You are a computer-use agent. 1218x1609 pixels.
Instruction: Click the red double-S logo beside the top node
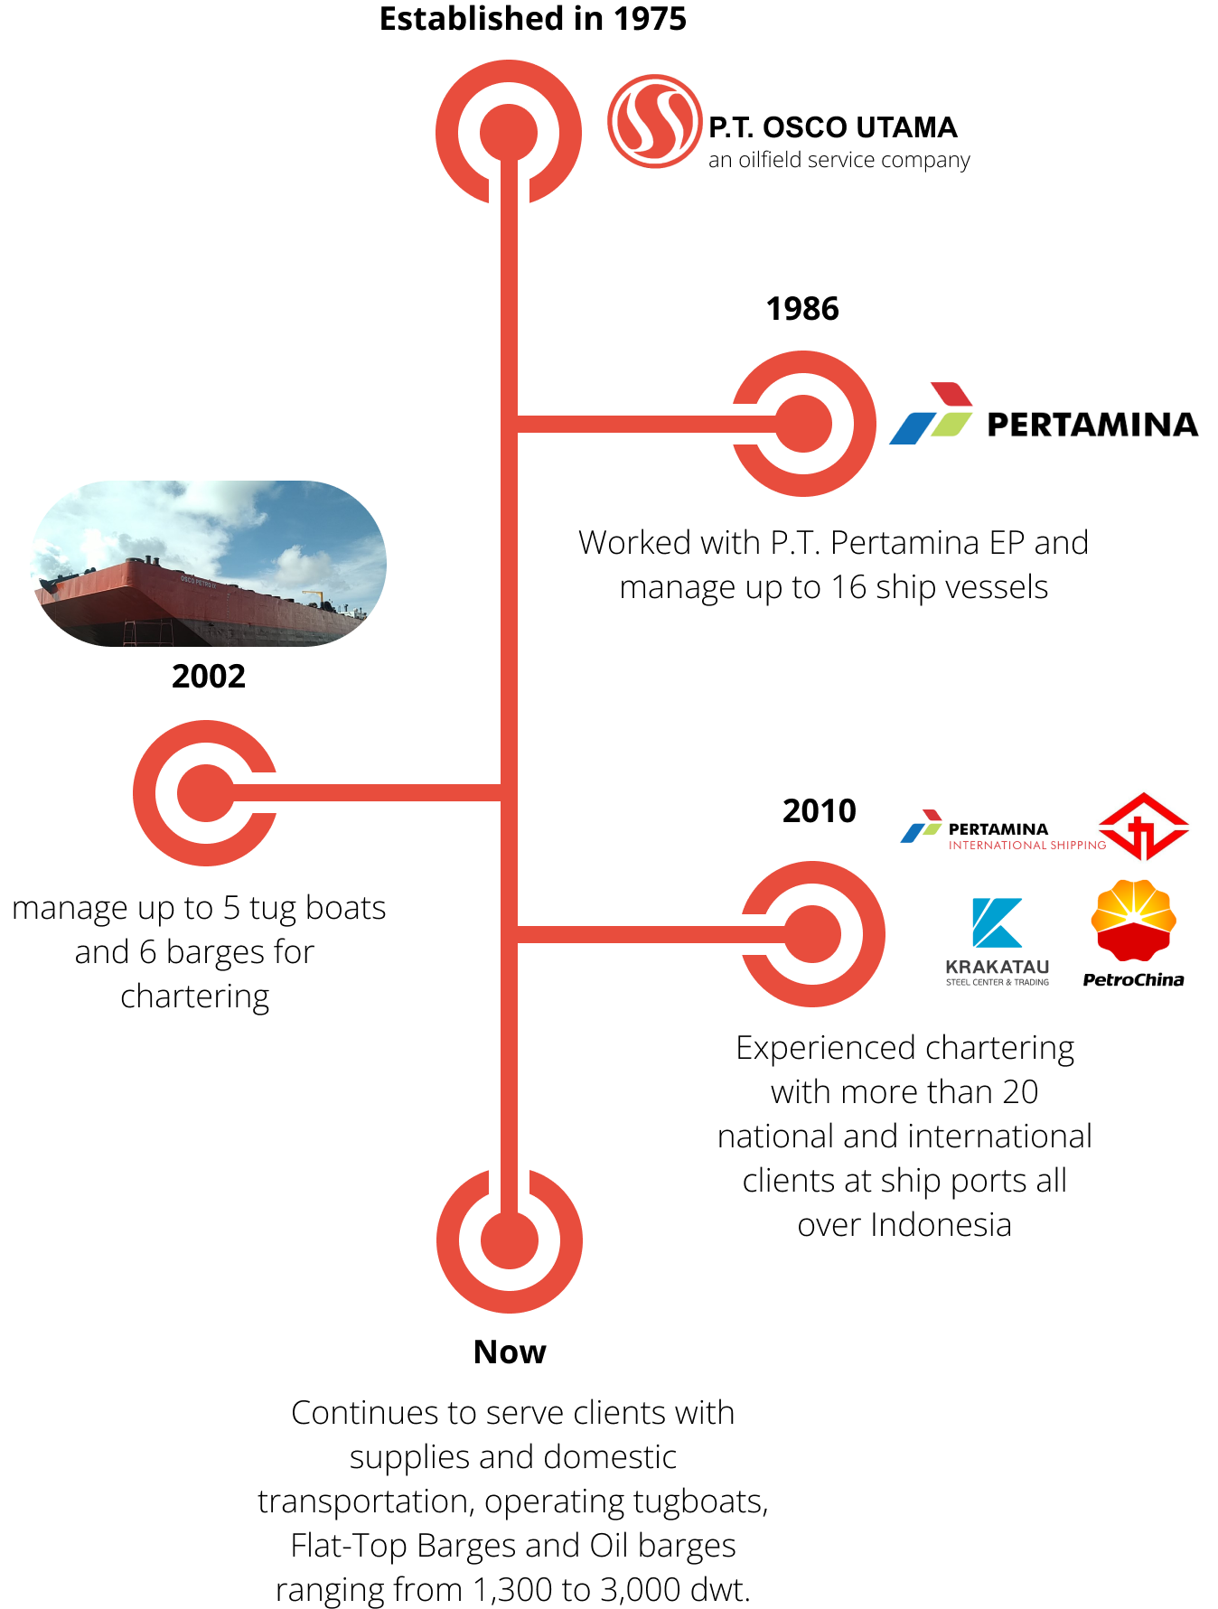(654, 121)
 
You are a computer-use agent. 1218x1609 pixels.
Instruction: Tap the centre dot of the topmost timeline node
(509, 133)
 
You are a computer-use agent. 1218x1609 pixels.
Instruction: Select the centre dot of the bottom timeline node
(510, 1240)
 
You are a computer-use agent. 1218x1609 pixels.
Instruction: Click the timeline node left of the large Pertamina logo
(802, 424)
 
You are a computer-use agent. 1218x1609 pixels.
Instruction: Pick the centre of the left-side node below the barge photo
(206, 793)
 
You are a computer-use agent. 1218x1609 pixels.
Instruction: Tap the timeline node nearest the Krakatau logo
(812, 934)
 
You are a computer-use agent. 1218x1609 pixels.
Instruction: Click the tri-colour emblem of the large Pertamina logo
(931, 414)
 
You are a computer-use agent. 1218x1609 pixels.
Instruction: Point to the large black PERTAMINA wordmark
(1092, 425)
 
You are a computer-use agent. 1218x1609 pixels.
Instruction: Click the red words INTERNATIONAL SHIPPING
(1026, 845)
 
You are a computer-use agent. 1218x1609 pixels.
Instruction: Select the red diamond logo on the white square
(1144, 827)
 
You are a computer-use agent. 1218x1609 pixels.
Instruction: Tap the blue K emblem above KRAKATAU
(996, 922)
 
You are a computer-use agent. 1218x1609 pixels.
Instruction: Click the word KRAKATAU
(997, 967)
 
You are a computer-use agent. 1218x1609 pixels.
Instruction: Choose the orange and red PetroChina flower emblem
(1133, 920)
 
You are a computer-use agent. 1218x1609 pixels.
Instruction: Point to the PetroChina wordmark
(1133, 980)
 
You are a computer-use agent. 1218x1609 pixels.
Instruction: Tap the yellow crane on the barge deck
(312, 596)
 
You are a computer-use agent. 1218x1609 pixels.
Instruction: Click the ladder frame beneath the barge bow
(147, 633)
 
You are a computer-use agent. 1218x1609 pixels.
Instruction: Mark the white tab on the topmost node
(509, 189)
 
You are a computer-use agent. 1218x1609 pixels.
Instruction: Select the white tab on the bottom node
(509, 1183)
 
